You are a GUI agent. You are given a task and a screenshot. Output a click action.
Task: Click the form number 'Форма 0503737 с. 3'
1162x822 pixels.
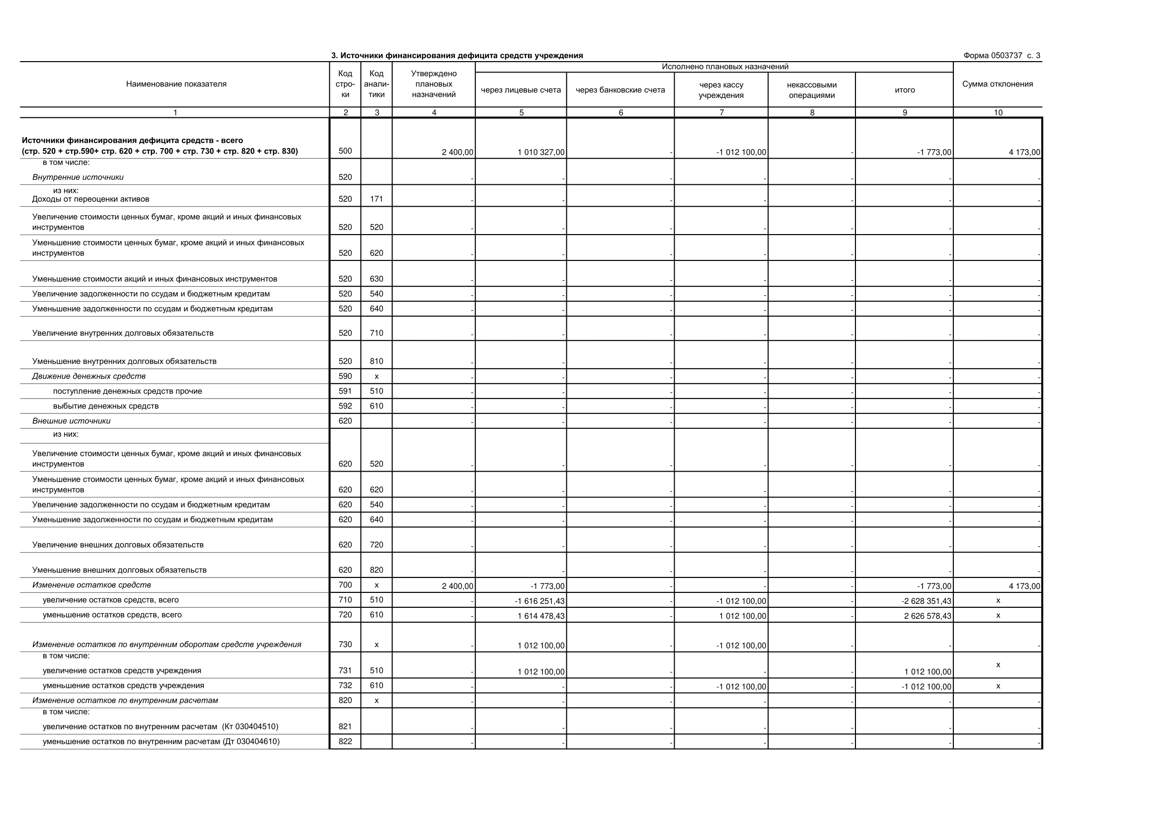coord(1002,56)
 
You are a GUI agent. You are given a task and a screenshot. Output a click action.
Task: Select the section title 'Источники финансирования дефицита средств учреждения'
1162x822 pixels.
coord(457,56)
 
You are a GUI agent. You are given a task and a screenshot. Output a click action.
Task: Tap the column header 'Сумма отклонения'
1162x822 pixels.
coord(997,84)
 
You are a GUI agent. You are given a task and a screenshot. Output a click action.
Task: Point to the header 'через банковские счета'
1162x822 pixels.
coord(620,90)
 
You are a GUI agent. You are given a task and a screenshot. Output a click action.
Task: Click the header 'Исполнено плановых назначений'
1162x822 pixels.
coord(725,67)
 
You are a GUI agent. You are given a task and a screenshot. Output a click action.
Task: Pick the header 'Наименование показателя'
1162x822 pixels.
coord(176,84)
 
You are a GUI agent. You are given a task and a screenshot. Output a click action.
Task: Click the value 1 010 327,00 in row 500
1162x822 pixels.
coord(541,153)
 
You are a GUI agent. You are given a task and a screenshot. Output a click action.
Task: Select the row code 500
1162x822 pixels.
coord(345,151)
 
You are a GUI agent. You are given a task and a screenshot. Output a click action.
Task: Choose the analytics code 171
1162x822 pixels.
coord(377,199)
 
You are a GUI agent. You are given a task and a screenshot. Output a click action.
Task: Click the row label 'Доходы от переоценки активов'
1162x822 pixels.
coord(90,199)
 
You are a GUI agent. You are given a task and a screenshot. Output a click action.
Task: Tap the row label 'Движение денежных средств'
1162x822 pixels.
coord(89,376)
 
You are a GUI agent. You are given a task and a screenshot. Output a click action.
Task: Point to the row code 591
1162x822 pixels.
coord(345,391)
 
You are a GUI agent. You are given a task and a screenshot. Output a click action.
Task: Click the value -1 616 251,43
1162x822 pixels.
coord(540,601)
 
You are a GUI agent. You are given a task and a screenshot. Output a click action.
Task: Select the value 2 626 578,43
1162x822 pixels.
coord(927,616)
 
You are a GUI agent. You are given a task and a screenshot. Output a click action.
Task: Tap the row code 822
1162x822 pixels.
coord(345,741)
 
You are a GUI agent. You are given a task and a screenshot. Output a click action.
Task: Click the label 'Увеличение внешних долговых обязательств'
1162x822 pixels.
coord(118,545)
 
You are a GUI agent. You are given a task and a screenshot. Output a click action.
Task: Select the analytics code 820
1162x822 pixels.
coord(377,570)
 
